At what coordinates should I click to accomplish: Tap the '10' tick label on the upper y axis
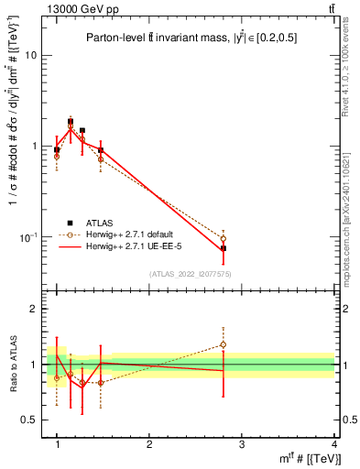coord(30,55)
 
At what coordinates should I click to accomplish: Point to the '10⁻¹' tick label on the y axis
coord(27,237)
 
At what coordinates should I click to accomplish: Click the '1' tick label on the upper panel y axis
coord(33,147)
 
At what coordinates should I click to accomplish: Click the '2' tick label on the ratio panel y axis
coord(33,310)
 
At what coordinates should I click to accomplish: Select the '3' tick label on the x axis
coord(241,445)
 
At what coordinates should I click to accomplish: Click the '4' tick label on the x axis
coord(333,445)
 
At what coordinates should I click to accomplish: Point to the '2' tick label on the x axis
coord(148,445)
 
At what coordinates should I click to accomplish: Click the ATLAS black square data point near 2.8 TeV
coord(224,248)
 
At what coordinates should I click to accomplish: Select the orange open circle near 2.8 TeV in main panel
coord(224,238)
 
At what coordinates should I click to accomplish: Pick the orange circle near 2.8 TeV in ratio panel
coord(224,345)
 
